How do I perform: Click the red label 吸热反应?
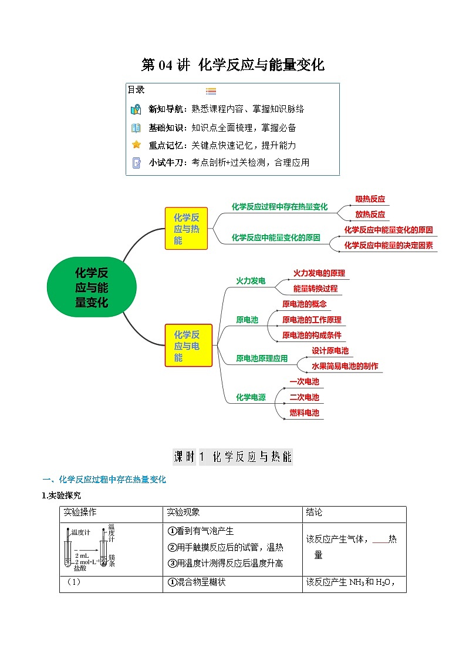[370, 199]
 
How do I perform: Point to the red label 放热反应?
[370, 215]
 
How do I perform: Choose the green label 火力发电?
[251, 281]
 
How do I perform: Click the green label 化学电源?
[251, 397]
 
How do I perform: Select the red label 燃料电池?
[304, 413]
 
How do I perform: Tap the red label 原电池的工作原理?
[311, 320]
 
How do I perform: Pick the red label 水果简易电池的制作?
[345, 366]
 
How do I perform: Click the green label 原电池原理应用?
[262, 358]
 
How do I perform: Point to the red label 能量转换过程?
[315, 289]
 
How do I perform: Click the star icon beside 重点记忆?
[136, 145]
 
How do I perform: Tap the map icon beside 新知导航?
[136, 109]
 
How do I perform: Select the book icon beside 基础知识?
[136, 128]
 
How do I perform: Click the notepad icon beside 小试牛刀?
[136, 163]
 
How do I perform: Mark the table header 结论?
[314, 513]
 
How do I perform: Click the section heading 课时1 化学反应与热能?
[233, 457]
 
